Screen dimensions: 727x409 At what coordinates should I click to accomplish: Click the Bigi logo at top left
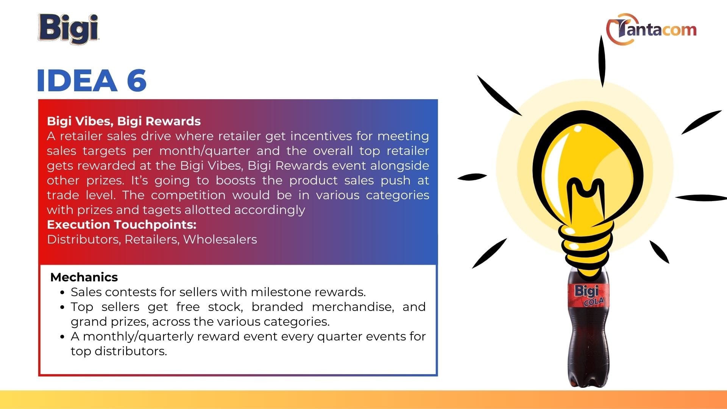[69, 28]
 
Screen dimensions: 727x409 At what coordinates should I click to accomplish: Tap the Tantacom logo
[651, 30]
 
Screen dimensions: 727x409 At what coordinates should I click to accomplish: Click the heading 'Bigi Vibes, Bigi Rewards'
[124, 121]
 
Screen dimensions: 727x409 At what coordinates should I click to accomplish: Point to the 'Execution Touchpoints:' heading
[122, 225]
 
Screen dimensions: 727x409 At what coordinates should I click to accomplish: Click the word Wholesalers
[220, 239]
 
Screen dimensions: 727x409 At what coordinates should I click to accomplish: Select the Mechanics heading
[84, 277]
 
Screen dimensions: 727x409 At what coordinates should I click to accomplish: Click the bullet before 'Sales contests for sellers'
[62, 292]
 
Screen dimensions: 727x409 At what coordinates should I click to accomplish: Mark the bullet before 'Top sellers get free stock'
[62, 307]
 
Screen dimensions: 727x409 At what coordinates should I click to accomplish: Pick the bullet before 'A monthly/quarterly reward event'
[62, 337]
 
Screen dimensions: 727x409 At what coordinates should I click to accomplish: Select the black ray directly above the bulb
[602, 61]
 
